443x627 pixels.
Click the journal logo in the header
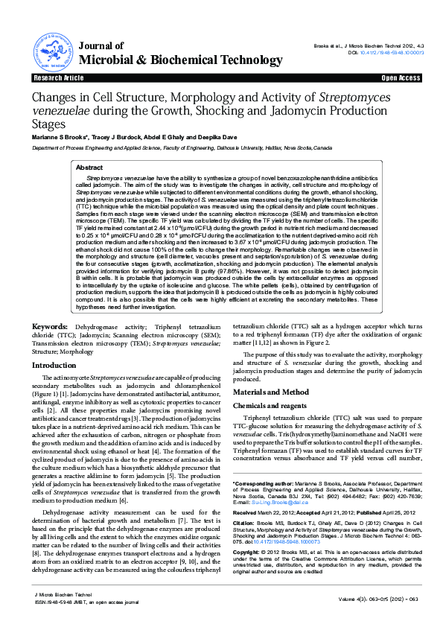click(x=51, y=50)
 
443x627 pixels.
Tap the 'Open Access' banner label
click(x=401, y=77)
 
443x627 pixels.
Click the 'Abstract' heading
click(x=90, y=168)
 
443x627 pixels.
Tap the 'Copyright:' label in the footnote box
click(x=247, y=551)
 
